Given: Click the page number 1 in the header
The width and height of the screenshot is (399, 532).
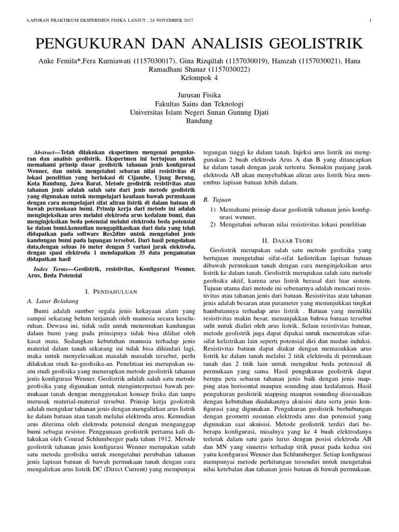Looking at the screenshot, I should pyautogui.click(x=370, y=21).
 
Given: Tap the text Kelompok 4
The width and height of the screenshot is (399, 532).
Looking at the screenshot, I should pyautogui.click(x=199, y=77).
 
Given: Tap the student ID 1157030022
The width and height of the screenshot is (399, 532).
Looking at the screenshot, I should pyautogui.click(x=227, y=69).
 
